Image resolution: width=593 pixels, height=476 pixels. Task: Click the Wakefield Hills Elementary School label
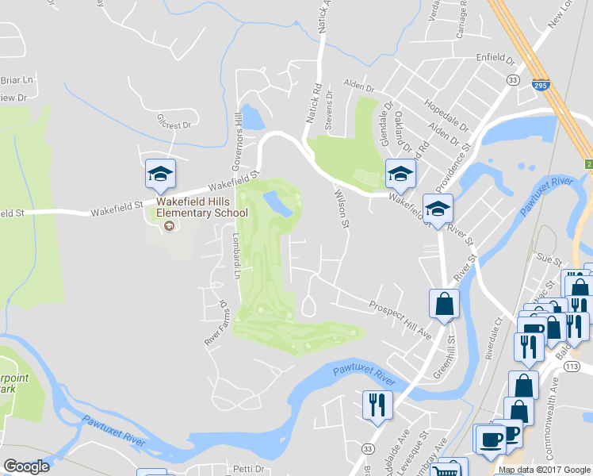(201, 208)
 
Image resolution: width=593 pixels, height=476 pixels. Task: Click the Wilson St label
(342, 207)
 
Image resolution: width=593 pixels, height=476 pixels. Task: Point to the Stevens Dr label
(329, 112)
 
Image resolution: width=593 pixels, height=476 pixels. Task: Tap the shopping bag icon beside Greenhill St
(444, 304)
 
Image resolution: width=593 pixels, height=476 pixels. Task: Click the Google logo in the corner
(25, 466)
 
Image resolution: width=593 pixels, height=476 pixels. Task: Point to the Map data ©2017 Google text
(544, 470)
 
